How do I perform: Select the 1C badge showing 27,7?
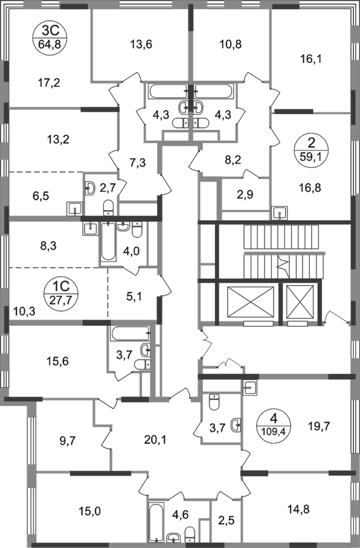[x=62, y=293]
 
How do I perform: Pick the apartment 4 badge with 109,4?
[x=273, y=422]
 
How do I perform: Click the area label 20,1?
[x=156, y=440]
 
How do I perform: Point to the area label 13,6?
[x=142, y=44]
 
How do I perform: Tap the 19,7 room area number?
[x=319, y=426]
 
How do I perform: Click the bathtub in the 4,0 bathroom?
[x=108, y=242]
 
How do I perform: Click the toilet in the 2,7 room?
[x=108, y=208]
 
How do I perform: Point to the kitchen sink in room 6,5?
[x=74, y=209]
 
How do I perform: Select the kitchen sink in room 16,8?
[x=280, y=213]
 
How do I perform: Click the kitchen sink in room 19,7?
[x=250, y=387]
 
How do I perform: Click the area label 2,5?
[x=227, y=520]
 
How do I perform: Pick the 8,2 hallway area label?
[x=233, y=161]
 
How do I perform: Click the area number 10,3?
[x=25, y=310]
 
